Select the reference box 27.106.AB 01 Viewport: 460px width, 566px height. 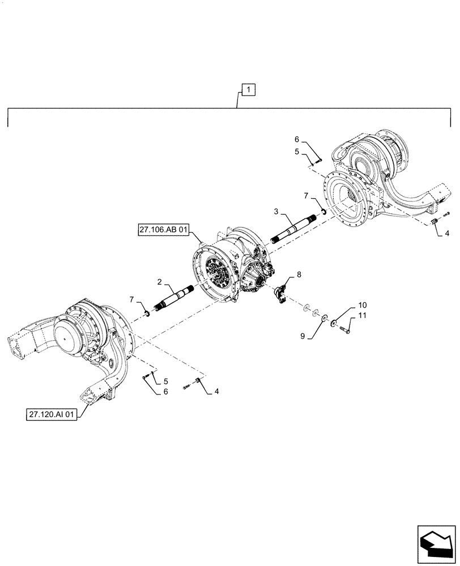[x=163, y=229]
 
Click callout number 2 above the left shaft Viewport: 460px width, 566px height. [x=160, y=281]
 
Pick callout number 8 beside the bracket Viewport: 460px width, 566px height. [x=299, y=275]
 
